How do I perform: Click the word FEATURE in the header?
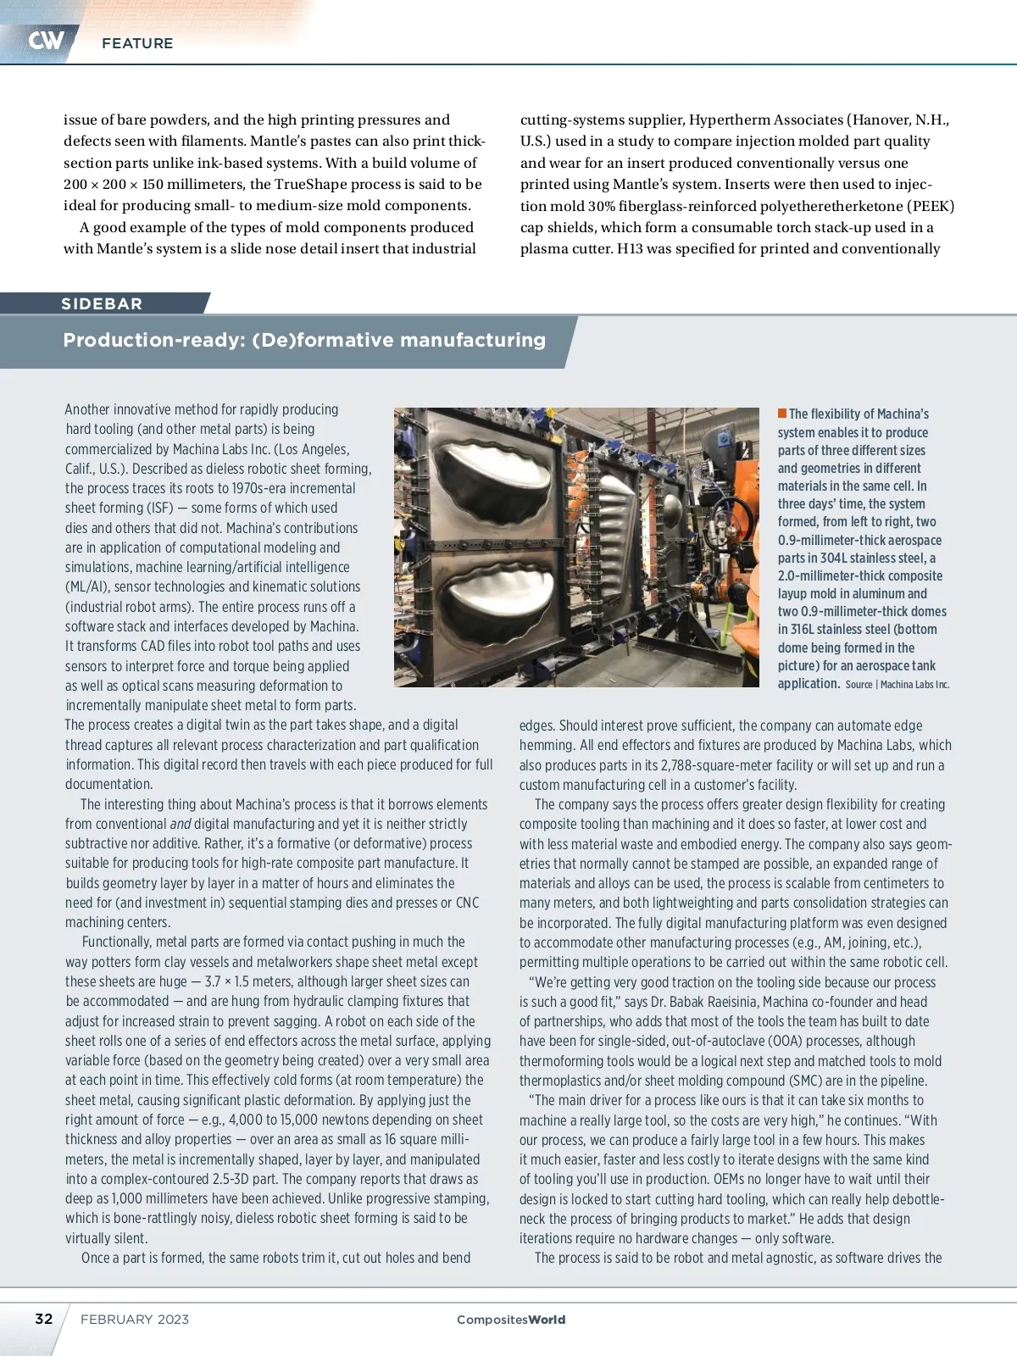tap(137, 43)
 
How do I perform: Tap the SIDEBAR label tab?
tap(102, 303)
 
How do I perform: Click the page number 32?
tap(43, 1319)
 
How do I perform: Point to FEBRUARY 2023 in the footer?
tap(135, 1320)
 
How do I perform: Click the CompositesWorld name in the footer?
tap(510, 1320)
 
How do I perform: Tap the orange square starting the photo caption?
tap(782, 414)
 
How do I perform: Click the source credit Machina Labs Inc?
tap(914, 685)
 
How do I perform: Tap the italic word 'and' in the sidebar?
tap(180, 824)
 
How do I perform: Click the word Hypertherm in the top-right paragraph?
tap(734, 119)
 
